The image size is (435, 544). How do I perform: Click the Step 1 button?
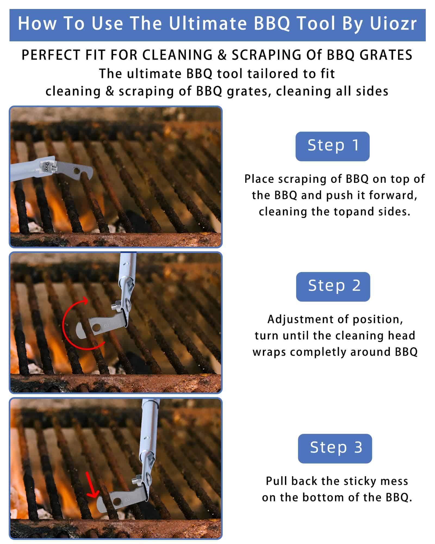tap(332, 146)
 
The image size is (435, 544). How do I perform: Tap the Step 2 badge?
tap(333, 287)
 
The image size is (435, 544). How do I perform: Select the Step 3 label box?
tap(335, 449)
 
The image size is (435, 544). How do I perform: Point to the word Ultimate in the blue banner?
tap(207, 24)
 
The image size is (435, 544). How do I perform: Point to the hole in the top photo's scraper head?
tap(76, 171)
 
